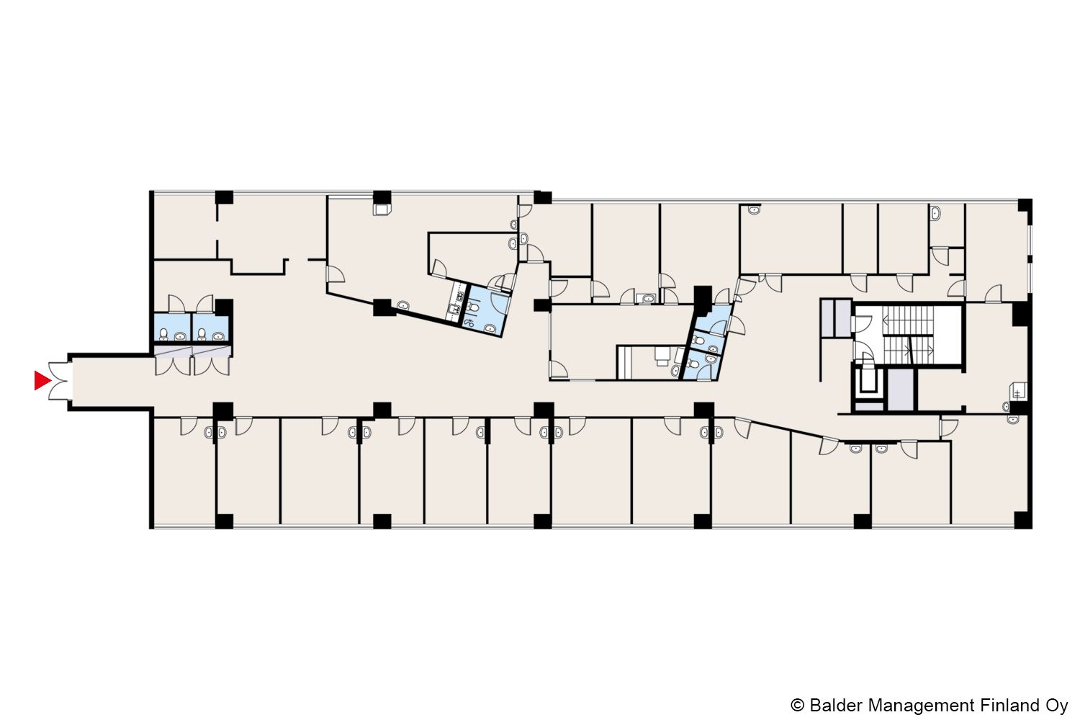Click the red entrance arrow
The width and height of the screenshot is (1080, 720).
point(42,380)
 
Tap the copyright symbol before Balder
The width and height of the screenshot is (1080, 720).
point(798,705)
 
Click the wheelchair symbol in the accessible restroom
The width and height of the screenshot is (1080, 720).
point(468,323)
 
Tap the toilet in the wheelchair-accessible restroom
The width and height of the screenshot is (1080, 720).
point(474,307)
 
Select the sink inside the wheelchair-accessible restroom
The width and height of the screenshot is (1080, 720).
point(490,329)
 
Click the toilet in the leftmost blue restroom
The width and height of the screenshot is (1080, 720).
point(163,333)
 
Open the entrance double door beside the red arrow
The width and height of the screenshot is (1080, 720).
point(58,381)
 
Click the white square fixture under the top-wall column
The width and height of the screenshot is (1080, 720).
point(382,210)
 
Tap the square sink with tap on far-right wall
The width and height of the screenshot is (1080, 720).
point(1020,391)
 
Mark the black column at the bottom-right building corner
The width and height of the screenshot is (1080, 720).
point(1022,520)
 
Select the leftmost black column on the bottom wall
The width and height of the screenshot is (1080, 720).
point(224,521)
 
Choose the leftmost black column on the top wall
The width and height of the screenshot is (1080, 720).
point(224,197)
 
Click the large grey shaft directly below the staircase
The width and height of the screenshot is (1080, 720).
point(901,390)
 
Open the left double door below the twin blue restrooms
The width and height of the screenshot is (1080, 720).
point(173,361)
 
